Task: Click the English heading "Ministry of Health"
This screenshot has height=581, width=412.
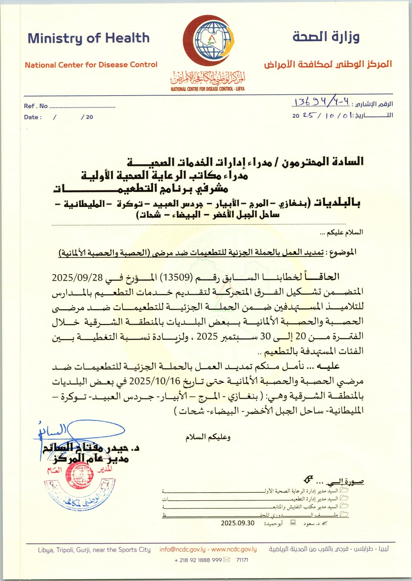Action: (x=88, y=38)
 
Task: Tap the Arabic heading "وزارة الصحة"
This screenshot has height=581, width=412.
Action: (x=326, y=37)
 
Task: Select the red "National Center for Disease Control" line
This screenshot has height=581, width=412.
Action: (x=91, y=65)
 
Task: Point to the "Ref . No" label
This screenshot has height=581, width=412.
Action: (x=36, y=106)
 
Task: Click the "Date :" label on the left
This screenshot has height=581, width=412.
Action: (x=33, y=117)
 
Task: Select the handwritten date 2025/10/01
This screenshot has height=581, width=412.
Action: (x=324, y=115)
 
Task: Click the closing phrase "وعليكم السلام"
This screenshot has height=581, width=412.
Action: (x=208, y=437)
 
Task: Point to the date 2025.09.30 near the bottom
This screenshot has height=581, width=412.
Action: (x=238, y=523)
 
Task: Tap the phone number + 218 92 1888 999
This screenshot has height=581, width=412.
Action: (x=198, y=560)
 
